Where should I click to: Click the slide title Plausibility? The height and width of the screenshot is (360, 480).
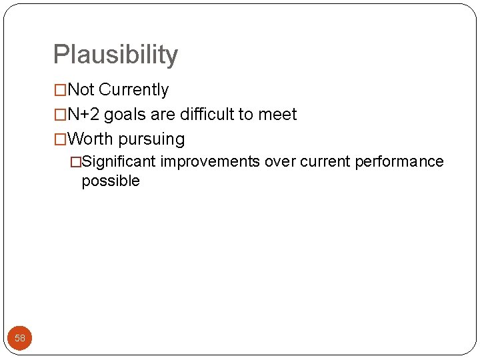click(115, 55)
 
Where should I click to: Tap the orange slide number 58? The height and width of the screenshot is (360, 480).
click(20, 338)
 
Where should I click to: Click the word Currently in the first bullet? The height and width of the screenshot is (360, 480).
click(133, 89)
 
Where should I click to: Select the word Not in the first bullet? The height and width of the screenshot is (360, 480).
click(81, 89)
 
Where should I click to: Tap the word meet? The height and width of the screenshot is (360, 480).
click(278, 115)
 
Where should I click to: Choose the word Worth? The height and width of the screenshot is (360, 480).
click(91, 139)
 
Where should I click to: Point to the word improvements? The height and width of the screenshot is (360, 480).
click(210, 162)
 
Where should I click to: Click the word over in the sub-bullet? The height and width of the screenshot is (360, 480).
click(280, 162)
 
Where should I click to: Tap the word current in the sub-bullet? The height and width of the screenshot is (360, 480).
click(324, 162)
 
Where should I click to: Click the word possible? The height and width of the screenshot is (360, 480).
click(111, 181)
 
